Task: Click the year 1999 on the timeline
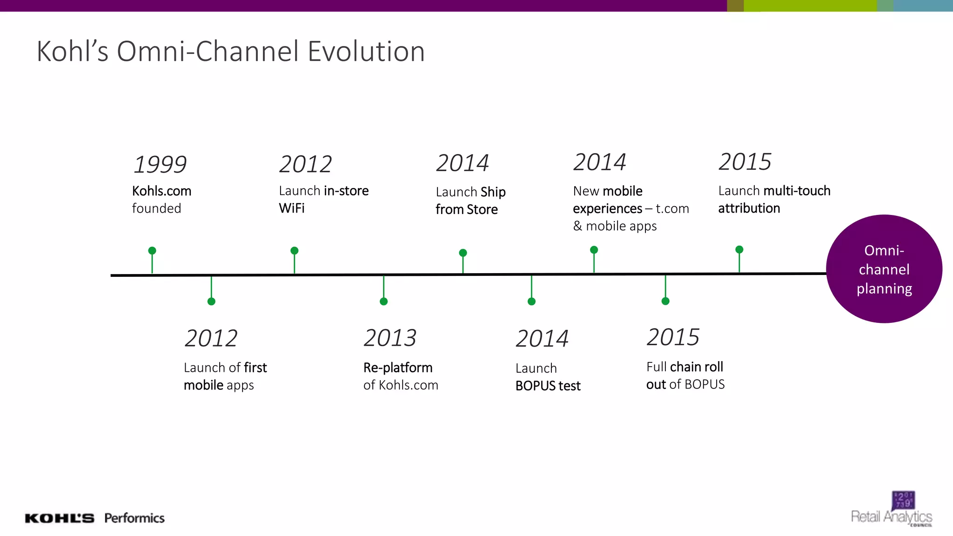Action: pos(160,164)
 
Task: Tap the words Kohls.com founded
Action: pos(161,200)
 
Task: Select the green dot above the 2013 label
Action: pos(383,301)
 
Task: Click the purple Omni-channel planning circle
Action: pos(884,269)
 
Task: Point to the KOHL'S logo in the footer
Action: pos(60,518)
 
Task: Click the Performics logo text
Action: pos(134,518)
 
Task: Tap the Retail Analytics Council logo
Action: pos(892,510)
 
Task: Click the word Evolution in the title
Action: pos(366,51)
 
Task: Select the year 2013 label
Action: pos(390,338)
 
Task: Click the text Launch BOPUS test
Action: pos(548,377)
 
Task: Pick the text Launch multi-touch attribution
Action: pos(774,200)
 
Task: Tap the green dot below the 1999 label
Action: pos(152,251)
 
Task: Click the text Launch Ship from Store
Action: pos(470,201)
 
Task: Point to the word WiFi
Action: pos(292,208)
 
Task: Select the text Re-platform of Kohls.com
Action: pos(400,376)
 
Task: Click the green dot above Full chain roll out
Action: pos(665,301)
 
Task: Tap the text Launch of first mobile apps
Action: pos(225,376)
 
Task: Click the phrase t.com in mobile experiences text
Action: pos(672,208)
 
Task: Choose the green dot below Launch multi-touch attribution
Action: pos(739,249)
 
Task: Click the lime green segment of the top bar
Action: pos(810,6)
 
